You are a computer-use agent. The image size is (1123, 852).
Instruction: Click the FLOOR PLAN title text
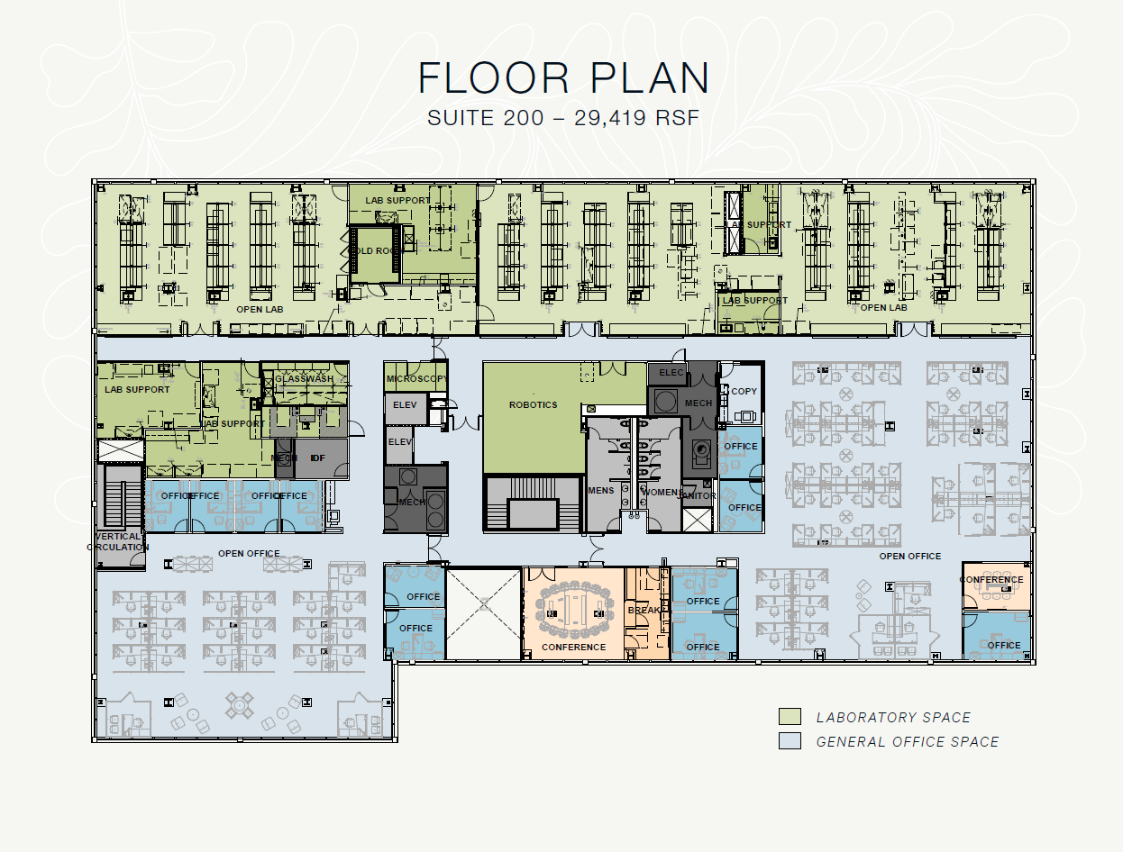(x=563, y=79)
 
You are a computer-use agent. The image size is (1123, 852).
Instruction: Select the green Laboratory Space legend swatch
(x=790, y=717)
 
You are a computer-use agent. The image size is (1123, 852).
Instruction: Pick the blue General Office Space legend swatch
(x=790, y=741)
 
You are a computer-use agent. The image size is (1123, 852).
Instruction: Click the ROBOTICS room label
(x=533, y=405)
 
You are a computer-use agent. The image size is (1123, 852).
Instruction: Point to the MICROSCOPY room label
(x=415, y=379)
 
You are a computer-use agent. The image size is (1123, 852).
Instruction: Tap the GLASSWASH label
(x=304, y=379)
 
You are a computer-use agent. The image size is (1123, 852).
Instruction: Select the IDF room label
(x=317, y=458)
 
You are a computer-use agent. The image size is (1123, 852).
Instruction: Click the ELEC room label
(x=671, y=372)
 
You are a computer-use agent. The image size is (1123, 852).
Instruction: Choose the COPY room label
(x=744, y=391)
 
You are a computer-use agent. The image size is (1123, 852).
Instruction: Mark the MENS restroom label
(x=600, y=491)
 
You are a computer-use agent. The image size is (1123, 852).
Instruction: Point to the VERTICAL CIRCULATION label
(x=118, y=541)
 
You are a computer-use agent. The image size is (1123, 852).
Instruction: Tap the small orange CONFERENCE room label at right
(x=991, y=580)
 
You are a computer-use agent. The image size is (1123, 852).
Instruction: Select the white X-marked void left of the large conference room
(x=484, y=613)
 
